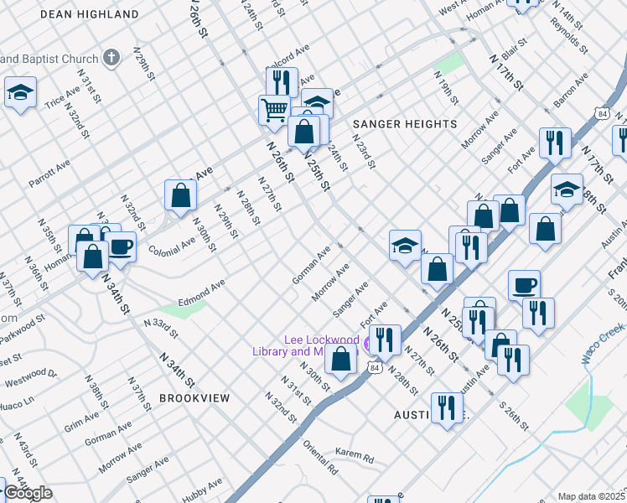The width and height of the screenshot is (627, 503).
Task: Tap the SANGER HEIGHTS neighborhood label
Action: (405, 124)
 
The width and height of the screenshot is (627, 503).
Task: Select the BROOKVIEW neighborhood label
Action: (194, 398)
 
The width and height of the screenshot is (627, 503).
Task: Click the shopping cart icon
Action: (274, 110)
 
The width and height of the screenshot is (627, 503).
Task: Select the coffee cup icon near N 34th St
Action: (121, 247)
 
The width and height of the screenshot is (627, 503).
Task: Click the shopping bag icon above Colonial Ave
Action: (180, 195)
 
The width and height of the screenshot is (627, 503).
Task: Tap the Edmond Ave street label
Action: (202, 292)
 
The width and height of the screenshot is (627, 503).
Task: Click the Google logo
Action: (28, 493)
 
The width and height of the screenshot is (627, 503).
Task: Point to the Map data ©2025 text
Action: (591, 496)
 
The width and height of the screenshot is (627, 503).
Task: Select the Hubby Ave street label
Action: (202, 490)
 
